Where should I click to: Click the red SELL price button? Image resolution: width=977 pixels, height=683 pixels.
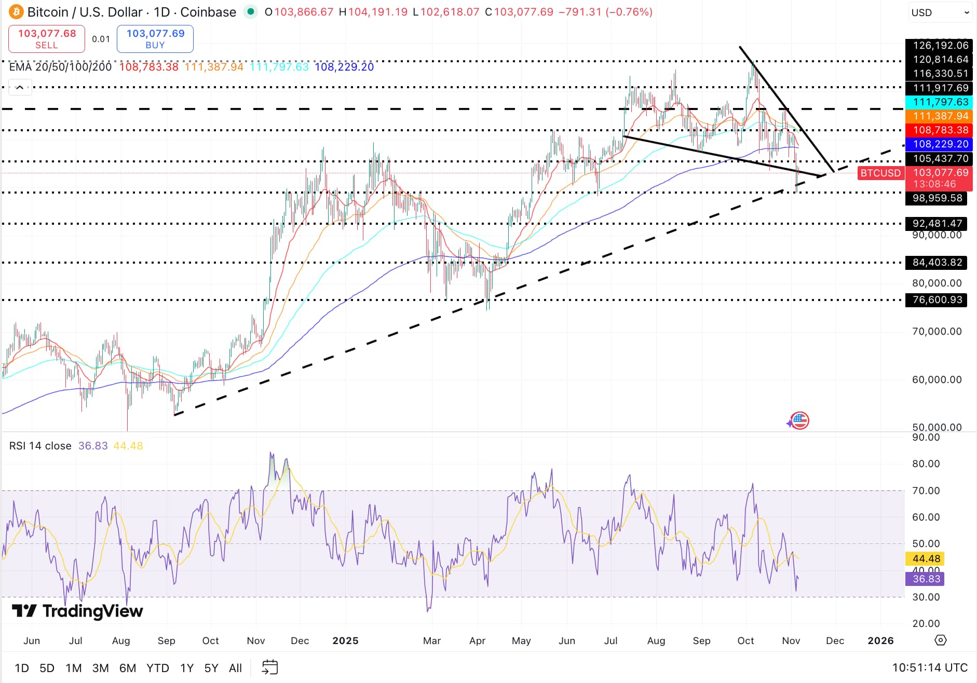(x=47, y=39)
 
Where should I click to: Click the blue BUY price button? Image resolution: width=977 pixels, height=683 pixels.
(x=155, y=39)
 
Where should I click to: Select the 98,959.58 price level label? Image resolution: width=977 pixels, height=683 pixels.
(x=937, y=198)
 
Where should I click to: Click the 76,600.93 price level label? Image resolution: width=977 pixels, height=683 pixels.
(x=937, y=300)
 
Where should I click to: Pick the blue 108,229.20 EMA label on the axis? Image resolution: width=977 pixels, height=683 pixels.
(x=940, y=144)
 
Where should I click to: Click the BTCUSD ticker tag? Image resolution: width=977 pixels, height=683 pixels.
(x=880, y=173)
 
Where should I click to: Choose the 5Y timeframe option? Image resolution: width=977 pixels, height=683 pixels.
(x=211, y=668)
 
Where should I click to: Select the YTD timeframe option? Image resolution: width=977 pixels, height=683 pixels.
(x=157, y=668)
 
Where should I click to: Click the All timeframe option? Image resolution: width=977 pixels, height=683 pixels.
(x=235, y=668)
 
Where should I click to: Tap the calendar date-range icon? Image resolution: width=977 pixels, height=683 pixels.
(x=270, y=667)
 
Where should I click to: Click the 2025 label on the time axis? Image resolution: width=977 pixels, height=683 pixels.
(x=345, y=641)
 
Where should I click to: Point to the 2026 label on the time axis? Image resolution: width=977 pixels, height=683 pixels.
(x=880, y=641)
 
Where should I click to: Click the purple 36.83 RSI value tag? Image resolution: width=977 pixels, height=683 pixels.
(x=925, y=579)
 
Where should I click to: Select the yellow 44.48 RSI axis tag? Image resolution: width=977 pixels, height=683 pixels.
(x=925, y=559)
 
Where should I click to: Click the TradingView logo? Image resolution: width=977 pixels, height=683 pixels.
(x=77, y=611)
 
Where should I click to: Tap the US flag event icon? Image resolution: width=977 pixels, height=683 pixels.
(x=800, y=420)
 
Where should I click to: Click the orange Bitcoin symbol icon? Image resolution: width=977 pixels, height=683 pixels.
(x=16, y=12)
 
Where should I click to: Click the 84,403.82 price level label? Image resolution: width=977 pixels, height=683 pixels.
(x=937, y=263)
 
